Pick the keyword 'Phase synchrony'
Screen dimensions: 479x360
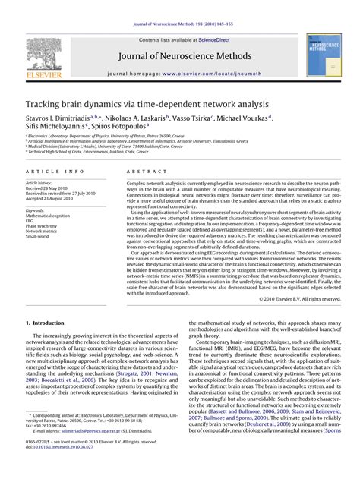(43, 225)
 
